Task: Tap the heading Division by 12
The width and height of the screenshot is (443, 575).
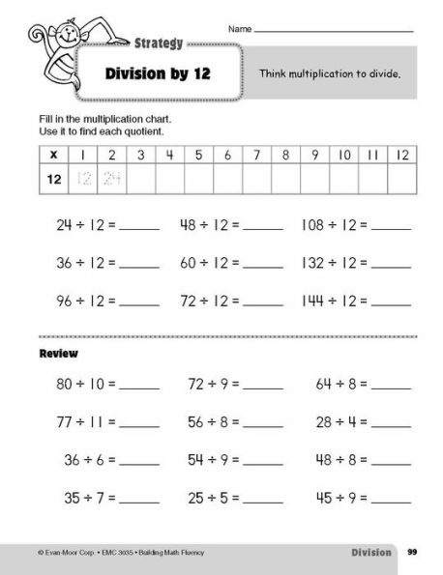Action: click(156, 75)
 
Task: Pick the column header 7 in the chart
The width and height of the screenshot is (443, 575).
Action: click(257, 154)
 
